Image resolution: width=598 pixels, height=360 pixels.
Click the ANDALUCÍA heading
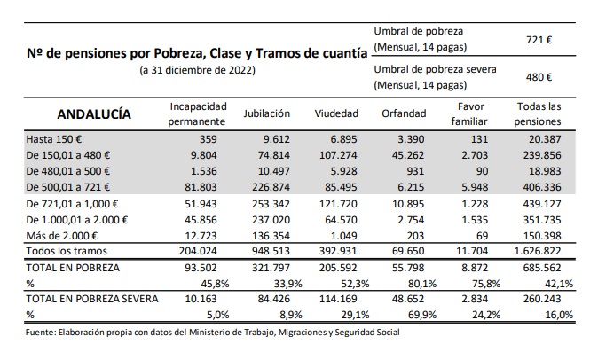(x=94, y=114)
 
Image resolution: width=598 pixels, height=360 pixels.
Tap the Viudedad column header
(x=336, y=114)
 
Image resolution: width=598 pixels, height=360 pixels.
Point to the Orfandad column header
(x=405, y=114)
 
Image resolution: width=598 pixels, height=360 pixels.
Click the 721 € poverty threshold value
(x=539, y=39)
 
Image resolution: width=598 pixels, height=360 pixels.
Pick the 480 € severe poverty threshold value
(x=539, y=77)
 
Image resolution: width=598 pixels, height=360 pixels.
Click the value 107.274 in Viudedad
(x=338, y=155)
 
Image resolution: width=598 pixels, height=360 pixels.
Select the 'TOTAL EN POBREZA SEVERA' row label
(x=93, y=299)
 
